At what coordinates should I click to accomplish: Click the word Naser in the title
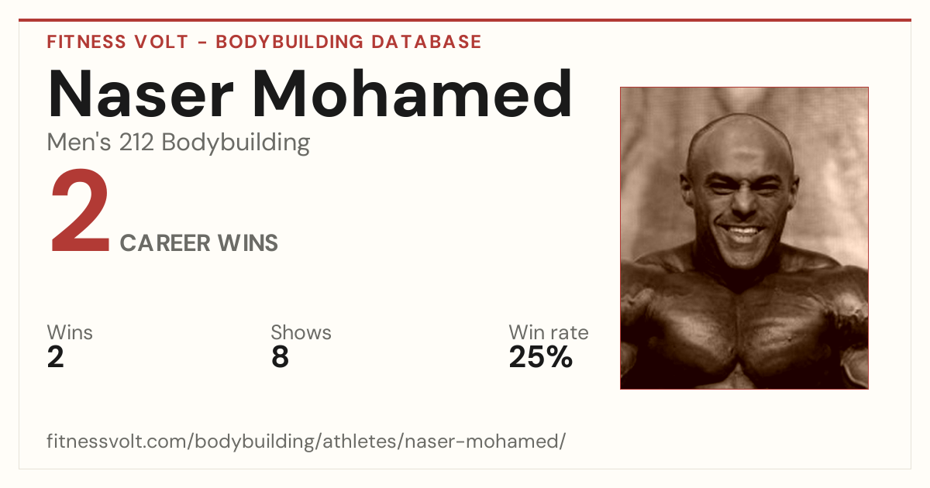(141, 94)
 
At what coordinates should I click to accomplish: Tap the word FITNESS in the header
(86, 42)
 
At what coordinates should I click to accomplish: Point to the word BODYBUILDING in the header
(289, 42)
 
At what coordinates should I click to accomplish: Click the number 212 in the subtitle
(136, 142)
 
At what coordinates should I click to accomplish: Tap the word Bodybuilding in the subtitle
(236, 143)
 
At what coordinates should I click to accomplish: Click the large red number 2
(80, 210)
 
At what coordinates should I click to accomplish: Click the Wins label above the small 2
(70, 332)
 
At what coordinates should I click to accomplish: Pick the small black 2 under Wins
(56, 357)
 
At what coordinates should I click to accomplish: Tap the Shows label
(301, 332)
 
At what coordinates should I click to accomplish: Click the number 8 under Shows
(281, 357)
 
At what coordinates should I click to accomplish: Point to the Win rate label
(549, 332)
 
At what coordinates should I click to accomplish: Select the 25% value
(541, 357)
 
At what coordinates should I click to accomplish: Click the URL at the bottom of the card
(306, 441)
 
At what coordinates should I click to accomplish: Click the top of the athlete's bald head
(740, 117)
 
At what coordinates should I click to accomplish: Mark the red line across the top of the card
(465, 20)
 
